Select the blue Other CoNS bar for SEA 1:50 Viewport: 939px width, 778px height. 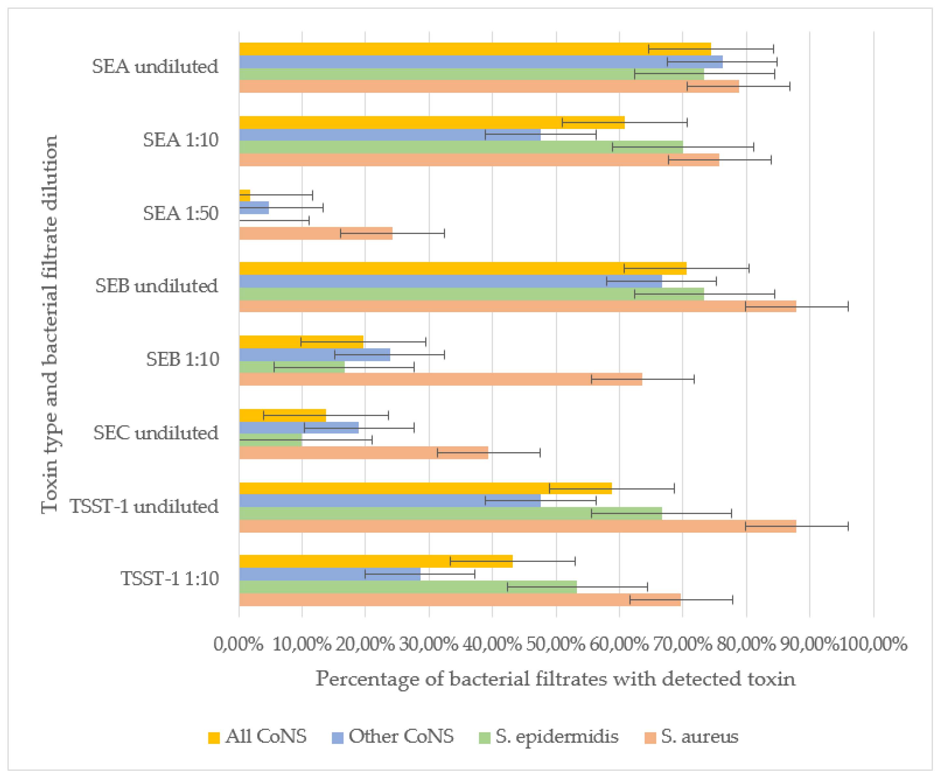(x=254, y=207)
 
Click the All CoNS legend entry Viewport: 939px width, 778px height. (x=258, y=736)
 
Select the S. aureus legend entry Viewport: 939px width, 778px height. (x=691, y=736)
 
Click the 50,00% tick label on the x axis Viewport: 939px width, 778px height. (x=556, y=644)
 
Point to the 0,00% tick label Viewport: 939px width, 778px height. (x=238, y=644)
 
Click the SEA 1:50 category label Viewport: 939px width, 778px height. (x=181, y=213)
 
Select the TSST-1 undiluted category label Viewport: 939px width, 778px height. (x=144, y=506)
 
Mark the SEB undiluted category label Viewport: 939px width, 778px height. (x=157, y=286)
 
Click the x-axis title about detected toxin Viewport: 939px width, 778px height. (x=555, y=679)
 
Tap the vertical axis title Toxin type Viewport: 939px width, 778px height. (x=50, y=324)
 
